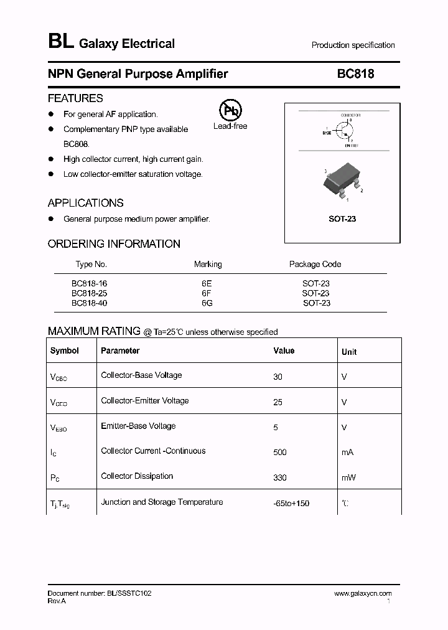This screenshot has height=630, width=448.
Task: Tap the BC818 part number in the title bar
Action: (x=355, y=74)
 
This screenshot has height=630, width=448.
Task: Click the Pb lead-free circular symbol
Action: (x=230, y=111)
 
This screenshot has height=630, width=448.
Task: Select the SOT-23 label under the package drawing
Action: (x=342, y=219)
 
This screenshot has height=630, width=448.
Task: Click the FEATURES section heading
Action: (x=75, y=98)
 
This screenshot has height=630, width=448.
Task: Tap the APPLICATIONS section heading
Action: (x=85, y=203)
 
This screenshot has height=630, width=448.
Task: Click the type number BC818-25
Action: (x=89, y=293)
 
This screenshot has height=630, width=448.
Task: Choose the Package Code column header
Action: (x=315, y=264)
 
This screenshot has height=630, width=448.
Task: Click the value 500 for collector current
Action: (x=279, y=453)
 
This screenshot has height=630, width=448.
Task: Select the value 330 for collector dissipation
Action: (x=279, y=477)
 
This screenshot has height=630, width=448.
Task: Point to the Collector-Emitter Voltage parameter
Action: (x=144, y=401)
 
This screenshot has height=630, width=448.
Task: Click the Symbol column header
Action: (x=65, y=351)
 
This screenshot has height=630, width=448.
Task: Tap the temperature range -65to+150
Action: (x=291, y=503)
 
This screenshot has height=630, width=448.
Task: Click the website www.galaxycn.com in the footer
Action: (x=363, y=594)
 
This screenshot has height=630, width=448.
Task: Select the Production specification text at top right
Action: (x=353, y=45)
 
